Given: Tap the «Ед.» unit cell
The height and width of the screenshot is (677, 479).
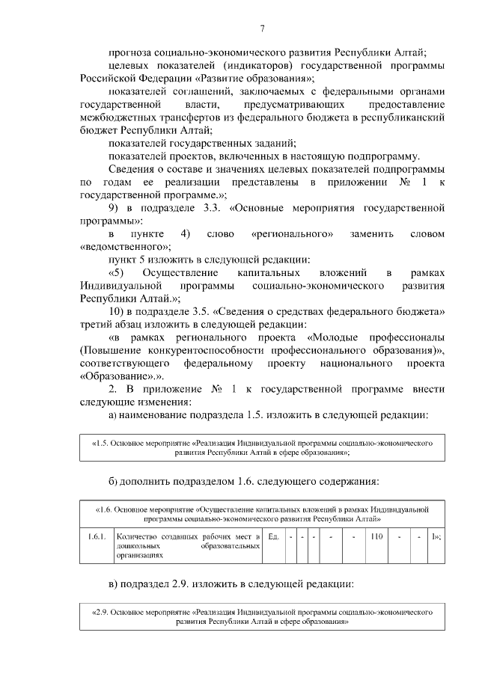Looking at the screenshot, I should click(x=273, y=536).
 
